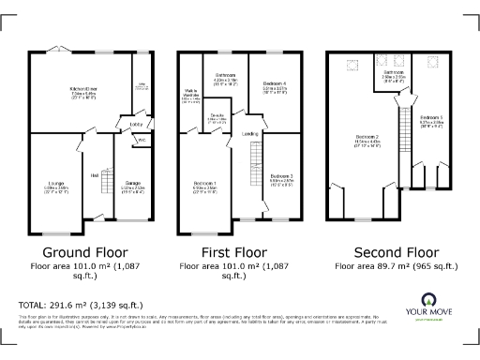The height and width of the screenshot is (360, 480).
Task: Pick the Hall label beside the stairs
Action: pos(95,174)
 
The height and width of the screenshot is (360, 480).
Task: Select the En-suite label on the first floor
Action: pos(217,118)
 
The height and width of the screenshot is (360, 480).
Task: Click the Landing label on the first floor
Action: pos(251,134)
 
